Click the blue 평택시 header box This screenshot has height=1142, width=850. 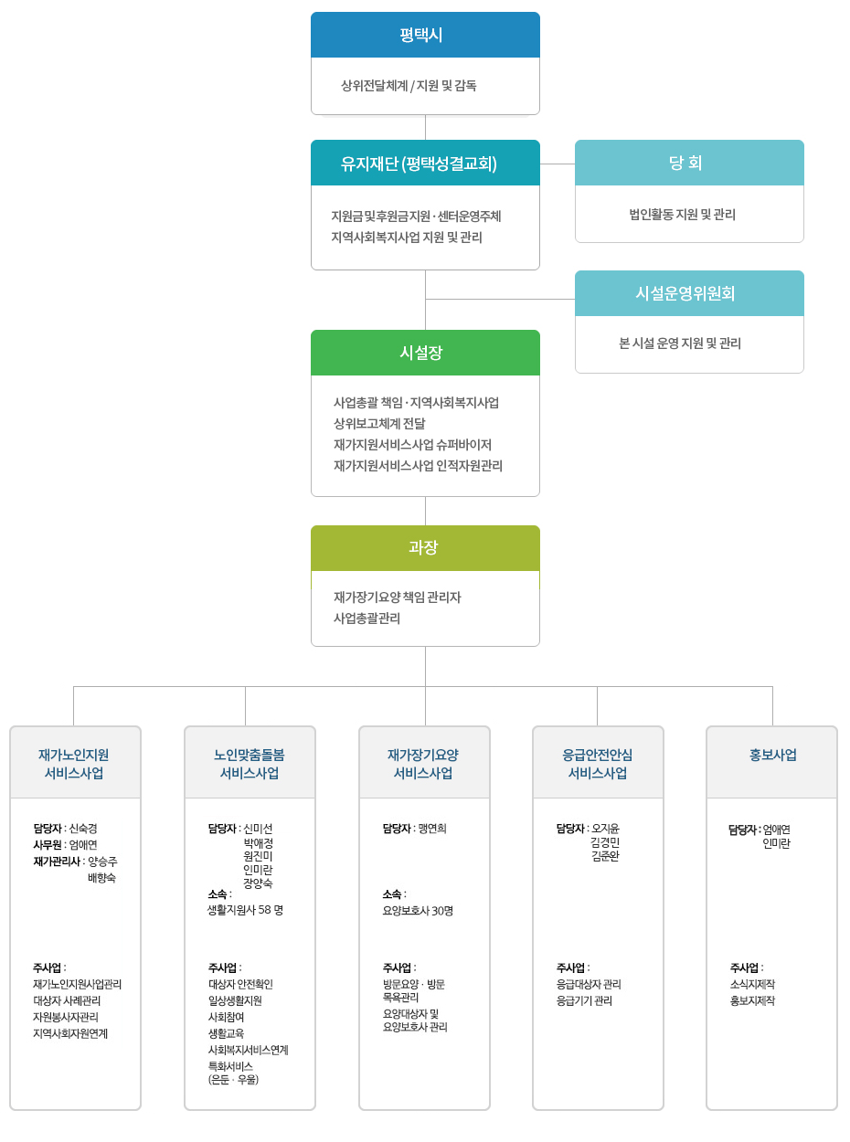click(425, 35)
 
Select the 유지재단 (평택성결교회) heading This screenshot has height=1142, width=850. click(419, 164)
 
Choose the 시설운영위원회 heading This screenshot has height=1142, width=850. click(685, 293)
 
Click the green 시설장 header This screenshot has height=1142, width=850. click(425, 353)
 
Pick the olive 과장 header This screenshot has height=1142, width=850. click(425, 548)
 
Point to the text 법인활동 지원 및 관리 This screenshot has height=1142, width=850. click(682, 214)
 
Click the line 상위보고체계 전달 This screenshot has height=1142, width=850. click(379, 423)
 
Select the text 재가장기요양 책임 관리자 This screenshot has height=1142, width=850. click(398, 597)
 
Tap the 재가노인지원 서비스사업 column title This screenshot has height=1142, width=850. click(74, 764)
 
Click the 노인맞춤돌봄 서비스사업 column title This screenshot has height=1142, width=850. click(250, 764)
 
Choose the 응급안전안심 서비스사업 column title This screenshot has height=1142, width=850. click(598, 764)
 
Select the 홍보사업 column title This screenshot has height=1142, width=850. click(772, 756)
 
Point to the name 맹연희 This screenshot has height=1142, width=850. click(432, 829)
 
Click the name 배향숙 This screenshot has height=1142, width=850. click(102, 877)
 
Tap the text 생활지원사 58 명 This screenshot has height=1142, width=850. click(245, 910)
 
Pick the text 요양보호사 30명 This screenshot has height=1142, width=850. click(418, 911)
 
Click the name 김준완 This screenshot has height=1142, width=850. click(605, 856)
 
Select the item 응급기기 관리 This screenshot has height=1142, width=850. click(584, 1000)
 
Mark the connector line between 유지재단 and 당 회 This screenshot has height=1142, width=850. click(558, 164)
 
